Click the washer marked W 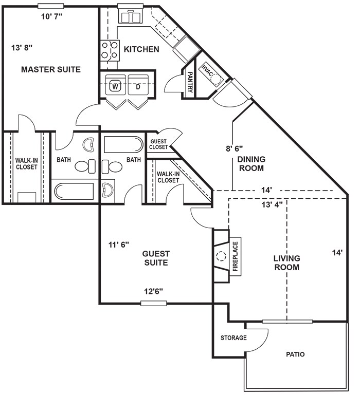(115, 85)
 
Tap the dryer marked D (138, 85)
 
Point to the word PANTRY (190, 82)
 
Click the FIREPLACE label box (235, 256)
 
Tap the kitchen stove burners (110, 50)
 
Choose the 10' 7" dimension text (52, 16)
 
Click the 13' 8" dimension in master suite (22, 47)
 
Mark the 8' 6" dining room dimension (235, 148)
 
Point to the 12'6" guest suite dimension (154, 291)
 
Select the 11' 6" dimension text (119, 244)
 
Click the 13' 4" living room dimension (272, 204)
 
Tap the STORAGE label (233, 338)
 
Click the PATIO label (295, 354)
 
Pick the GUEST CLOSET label (158, 144)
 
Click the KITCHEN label (141, 49)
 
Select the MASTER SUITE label (51, 69)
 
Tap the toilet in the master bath (85, 166)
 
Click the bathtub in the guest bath (123, 145)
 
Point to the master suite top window (50, 6)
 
